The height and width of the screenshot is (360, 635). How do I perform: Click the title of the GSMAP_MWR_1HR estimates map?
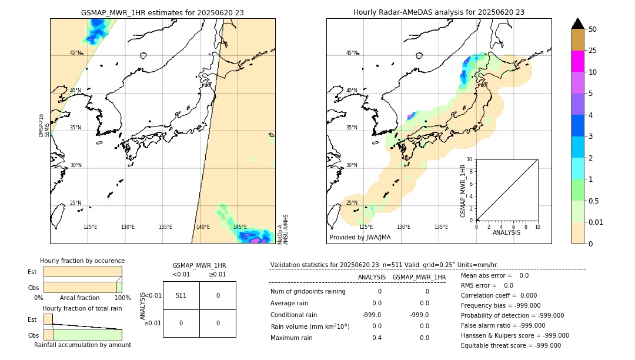click(162, 12)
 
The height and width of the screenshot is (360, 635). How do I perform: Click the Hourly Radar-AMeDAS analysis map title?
click(439, 12)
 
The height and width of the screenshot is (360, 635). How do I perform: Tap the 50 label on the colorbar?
click(593, 29)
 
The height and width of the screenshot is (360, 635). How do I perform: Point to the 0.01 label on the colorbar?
click(597, 222)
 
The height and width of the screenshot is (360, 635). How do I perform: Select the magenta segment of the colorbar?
click(577, 61)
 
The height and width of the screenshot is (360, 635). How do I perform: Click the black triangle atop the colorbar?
click(577, 24)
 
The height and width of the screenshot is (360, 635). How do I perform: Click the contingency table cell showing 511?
click(181, 295)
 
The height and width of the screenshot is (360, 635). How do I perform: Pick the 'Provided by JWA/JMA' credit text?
click(360, 237)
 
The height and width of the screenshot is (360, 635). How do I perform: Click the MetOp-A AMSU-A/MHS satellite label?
click(282, 229)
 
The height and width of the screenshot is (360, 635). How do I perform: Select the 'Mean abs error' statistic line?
click(494, 275)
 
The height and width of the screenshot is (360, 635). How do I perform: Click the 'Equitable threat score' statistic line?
click(511, 345)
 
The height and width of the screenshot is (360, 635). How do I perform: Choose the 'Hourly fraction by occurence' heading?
click(82, 261)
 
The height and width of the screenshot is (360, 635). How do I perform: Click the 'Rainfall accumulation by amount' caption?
click(82, 345)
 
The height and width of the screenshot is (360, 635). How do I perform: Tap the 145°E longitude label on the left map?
click(240, 227)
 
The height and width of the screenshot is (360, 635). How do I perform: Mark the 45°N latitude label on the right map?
click(352, 53)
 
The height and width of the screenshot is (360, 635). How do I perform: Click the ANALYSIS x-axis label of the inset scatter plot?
click(507, 233)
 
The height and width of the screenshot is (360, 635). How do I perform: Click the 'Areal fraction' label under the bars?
click(79, 298)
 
